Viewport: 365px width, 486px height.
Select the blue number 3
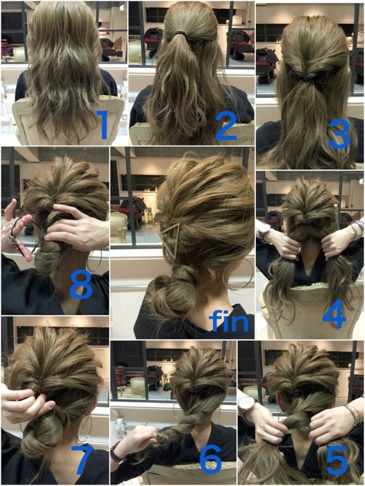[339, 134]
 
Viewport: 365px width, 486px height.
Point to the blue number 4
[334, 314]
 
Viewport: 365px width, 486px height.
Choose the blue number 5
[336, 460]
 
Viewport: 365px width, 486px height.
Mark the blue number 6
[211, 460]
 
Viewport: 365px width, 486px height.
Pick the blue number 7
[83, 460]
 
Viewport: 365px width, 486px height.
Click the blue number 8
[81, 284]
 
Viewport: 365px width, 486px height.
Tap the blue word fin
[230, 321]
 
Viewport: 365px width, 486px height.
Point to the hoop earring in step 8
[94, 261]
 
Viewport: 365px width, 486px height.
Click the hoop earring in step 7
[85, 428]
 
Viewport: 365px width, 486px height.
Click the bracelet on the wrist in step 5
[353, 414]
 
